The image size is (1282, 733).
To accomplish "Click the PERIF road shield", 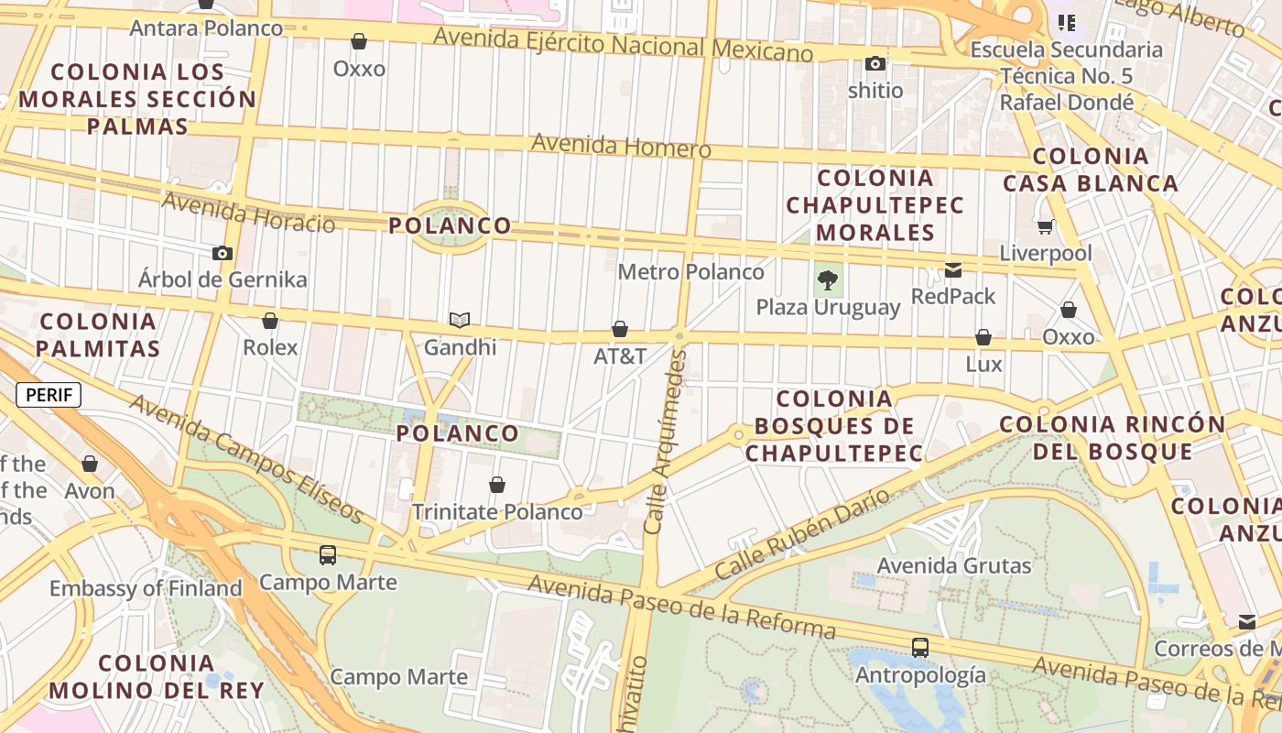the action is point(49,395).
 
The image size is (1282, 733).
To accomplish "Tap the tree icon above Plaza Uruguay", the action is point(828,280).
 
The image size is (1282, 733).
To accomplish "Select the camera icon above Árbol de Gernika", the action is point(223,253).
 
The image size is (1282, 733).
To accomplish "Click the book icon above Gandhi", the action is point(460,320).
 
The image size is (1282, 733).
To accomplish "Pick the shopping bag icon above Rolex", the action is point(270,321).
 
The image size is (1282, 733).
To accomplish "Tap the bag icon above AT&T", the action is point(620,329).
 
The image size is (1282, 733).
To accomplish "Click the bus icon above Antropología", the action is point(920,648).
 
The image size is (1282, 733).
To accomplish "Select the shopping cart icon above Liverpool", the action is point(1045,225).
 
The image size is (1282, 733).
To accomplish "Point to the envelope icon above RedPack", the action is point(953,269).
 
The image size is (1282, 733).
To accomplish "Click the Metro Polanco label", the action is point(690,272).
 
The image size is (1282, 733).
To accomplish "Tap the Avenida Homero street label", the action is point(621,146).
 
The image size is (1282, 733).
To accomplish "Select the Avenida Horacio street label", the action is point(248,213).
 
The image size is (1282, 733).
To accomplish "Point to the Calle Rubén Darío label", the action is point(802,534).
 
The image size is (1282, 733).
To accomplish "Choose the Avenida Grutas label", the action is point(954,565).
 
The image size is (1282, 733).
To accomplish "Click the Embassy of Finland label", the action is point(146,588).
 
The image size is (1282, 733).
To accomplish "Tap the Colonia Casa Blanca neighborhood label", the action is point(1091,170).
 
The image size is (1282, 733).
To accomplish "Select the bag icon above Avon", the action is point(90,465).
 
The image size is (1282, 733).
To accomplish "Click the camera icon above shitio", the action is point(875,64).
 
